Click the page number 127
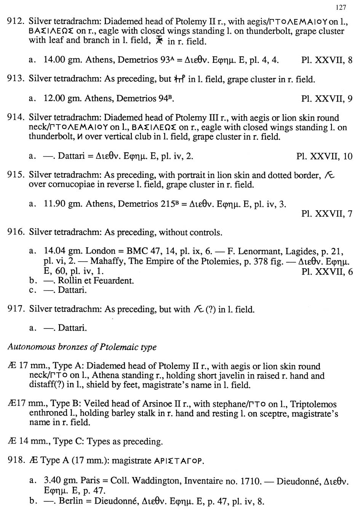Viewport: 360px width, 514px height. coord(341,7)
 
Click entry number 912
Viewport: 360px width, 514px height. coord(16,22)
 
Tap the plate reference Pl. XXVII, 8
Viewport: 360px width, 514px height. coord(326,60)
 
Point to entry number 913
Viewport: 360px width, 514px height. coord(16,79)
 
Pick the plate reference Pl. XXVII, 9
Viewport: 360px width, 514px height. coord(326,99)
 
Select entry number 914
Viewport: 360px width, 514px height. coord(16,118)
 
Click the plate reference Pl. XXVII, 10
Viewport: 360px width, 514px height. coord(324,156)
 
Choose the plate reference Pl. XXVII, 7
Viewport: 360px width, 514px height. coord(326,214)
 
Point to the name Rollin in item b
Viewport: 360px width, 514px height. coord(70,281)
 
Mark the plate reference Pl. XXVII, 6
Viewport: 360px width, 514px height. coord(326,271)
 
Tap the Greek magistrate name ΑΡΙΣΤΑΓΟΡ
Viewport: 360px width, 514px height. coord(179,461)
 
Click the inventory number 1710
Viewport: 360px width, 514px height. coord(251,481)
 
